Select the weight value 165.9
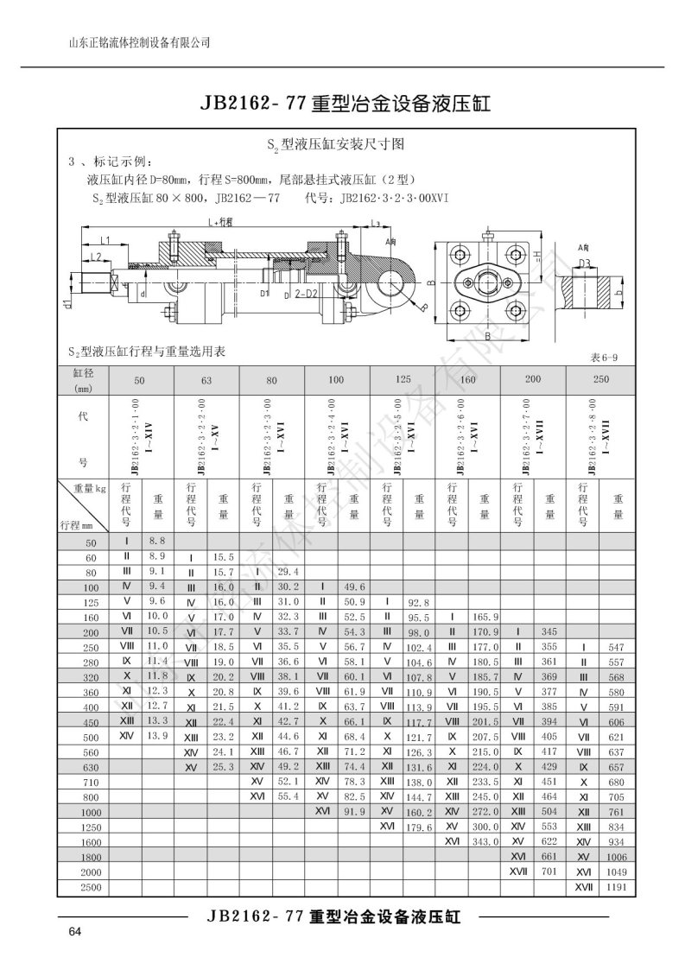point(486,616)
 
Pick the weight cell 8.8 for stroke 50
point(156,540)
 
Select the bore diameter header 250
point(600,379)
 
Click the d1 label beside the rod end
point(67,302)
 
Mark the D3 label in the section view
point(585,263)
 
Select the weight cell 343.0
point(486,841)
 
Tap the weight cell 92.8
point(420,601)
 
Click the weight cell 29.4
point(288,571)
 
